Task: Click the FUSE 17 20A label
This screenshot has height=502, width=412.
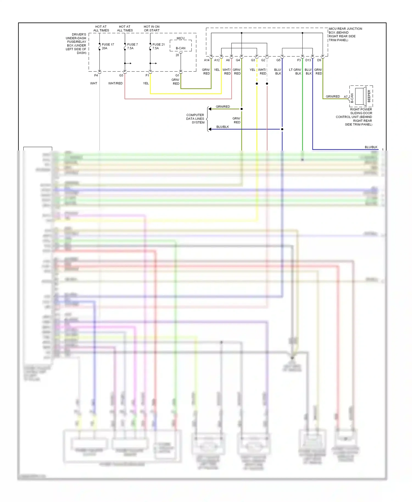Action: coord(108,46)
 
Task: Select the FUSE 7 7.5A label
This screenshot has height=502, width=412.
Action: coord(132,46)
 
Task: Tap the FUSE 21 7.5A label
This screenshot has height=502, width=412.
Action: coord(158,46)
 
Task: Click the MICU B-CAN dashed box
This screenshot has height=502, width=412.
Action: coord(180,46)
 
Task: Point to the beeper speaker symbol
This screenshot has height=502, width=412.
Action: coord(361,96)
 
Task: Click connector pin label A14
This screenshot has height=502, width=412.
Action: coord(207,60)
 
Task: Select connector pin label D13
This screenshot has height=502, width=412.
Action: coord(308,60)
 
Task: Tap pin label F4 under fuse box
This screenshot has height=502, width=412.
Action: coord(96,75)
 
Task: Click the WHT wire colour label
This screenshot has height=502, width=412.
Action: coord(94,83)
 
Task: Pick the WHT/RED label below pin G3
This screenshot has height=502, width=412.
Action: coord(115,83)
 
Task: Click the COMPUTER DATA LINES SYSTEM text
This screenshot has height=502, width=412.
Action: coord(195,119)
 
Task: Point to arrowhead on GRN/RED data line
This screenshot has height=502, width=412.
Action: coord(210,109)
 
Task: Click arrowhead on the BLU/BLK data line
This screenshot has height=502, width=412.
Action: coord(210,129)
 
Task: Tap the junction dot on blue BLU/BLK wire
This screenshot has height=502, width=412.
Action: coord(282,129)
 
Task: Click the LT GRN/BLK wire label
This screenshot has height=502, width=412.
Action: coord(295,72)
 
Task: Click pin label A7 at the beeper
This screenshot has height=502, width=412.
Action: coord(346,97)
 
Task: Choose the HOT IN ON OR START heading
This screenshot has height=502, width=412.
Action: coord(152,29)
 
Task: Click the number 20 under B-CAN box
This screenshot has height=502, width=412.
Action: coord(177,55)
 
